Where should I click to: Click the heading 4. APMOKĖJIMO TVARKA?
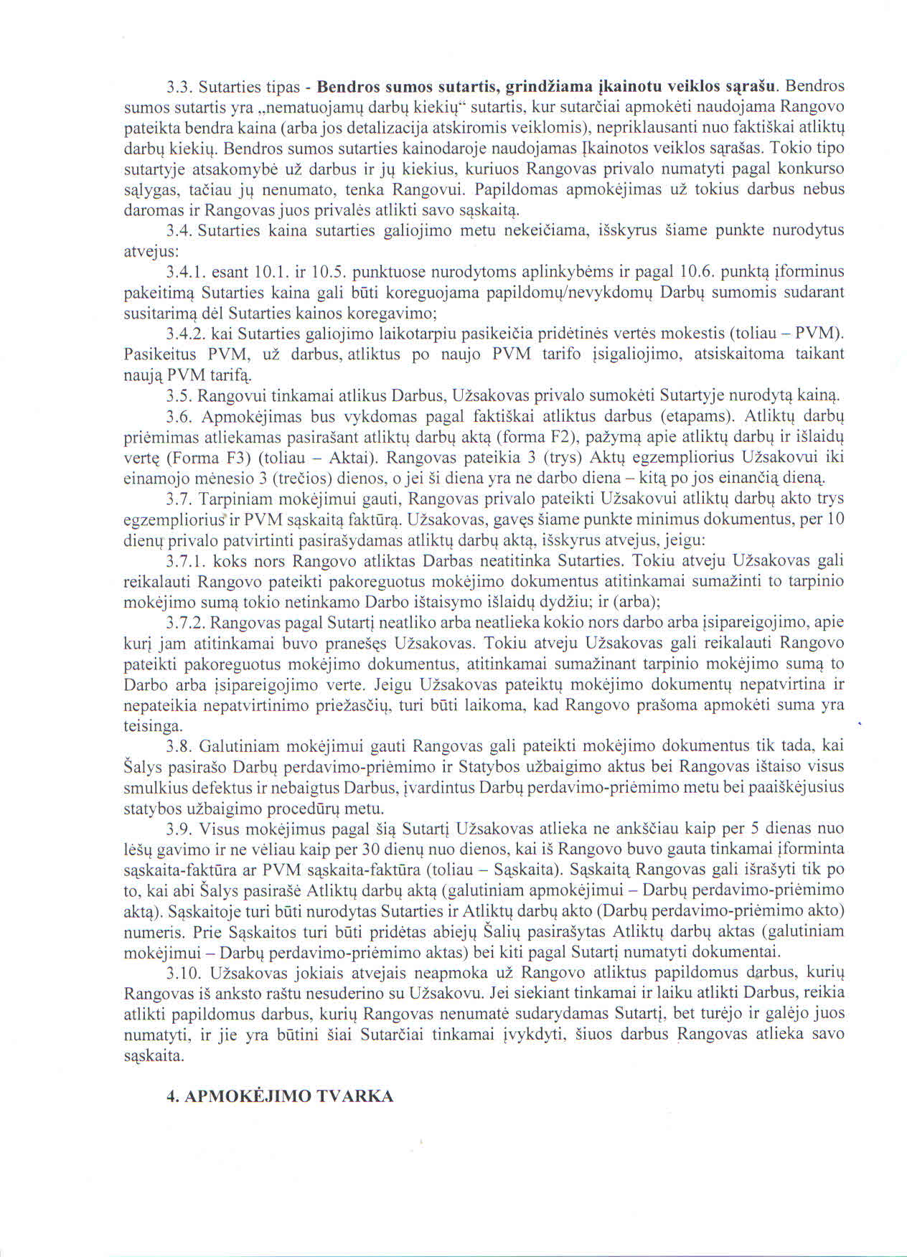click(x=280, y=1096)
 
